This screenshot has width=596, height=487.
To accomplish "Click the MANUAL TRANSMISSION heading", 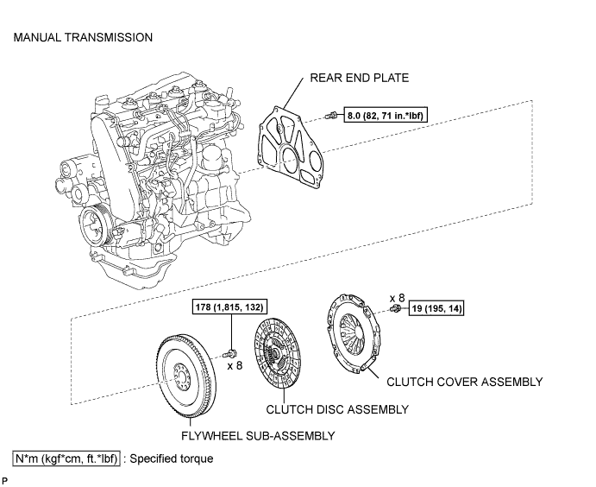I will (83, 38).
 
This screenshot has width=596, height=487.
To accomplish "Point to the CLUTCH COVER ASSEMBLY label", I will (464, 382).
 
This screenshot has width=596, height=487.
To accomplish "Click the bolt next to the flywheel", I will (231, 352).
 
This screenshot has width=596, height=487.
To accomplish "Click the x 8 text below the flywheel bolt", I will (235, 365).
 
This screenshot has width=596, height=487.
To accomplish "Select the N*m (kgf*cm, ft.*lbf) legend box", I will (66, 459).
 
